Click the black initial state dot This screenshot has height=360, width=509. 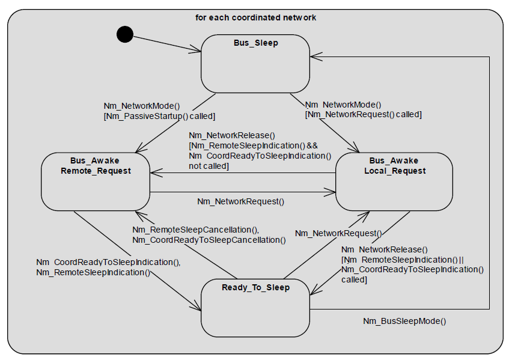(124, 35)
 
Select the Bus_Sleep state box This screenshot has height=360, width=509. (255, 63)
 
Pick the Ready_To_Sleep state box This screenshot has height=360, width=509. (255, 307)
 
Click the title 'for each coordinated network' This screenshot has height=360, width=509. (255, 17)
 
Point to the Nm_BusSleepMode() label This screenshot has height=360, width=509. (404, 321)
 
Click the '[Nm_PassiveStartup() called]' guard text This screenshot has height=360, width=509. (159, 115)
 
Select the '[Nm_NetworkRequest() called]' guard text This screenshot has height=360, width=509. (363, 114)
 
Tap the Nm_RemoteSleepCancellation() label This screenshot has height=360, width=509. (195, 230)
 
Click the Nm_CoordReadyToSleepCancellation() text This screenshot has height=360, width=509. (209, 239)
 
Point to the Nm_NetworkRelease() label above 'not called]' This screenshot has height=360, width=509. (231, 135)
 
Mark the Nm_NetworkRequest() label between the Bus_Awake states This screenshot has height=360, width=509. (240, 201)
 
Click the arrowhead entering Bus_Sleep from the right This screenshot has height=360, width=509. (314, 57)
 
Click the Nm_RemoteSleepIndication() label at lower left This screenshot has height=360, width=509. (93, 272)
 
